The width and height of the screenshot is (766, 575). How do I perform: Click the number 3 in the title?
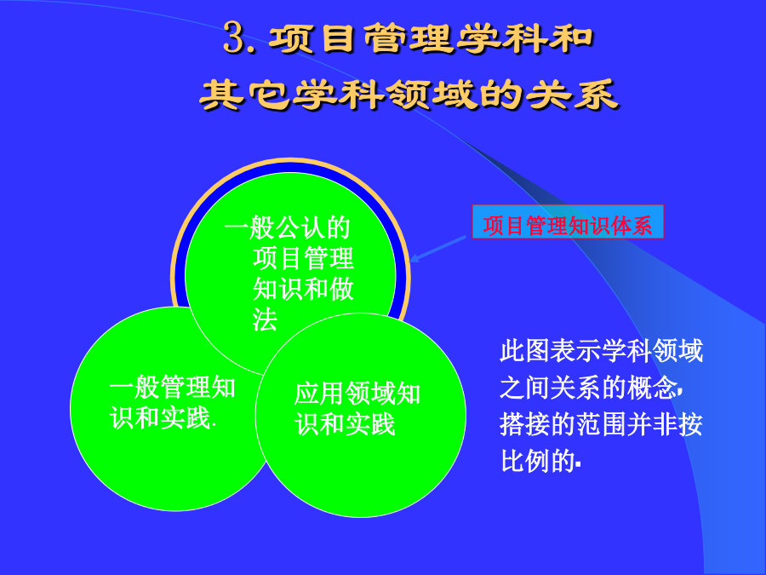pos(234,37)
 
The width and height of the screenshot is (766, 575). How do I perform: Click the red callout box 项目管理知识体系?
pos(568,221)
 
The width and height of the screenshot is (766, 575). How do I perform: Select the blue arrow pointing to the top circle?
pos(437,249)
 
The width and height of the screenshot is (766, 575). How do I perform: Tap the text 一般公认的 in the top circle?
pos(288,227)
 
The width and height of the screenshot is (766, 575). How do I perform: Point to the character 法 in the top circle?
pos(266,320)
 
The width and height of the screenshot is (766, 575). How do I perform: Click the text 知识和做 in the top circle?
pos(303,289)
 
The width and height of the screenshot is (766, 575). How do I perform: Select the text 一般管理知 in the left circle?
pos(173,388)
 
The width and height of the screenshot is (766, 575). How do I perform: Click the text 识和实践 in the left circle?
pos(160,418)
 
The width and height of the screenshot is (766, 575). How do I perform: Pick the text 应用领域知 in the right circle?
pos(357,393)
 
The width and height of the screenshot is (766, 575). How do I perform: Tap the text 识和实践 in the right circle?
pos(345,424)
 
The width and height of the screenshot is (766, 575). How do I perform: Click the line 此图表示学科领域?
pos(601,351)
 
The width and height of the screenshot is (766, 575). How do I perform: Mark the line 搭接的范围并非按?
pos(601,424)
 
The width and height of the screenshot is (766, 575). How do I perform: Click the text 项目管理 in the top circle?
pos(303,258)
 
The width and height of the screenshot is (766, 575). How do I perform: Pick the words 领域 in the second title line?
pos(432,94)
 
